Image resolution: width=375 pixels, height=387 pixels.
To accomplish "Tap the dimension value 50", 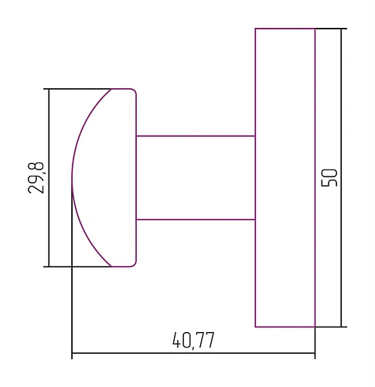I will click(x=329, y=177).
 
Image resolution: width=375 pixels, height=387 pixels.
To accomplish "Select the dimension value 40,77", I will click(x=193, y=341).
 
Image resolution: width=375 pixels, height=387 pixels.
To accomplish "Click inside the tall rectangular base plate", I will click(x=285, y=177).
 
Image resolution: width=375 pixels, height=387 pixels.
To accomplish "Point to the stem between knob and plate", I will click(x=196, y=178).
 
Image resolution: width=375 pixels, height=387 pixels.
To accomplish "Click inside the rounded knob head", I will click(x=108, y=178).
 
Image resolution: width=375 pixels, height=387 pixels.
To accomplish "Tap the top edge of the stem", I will click(x=196, y=135).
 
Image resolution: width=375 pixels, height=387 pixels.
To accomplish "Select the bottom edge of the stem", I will click(x=196, y=220).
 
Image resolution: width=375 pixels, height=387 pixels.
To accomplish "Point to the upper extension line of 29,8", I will click(x=77, y=89).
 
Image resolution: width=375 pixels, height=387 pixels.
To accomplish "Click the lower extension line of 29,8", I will click(x=77, y=266).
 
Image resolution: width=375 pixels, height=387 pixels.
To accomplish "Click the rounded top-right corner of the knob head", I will click(x=135, y=91).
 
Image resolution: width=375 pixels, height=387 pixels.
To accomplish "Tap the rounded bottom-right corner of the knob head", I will click(x=135, y=264).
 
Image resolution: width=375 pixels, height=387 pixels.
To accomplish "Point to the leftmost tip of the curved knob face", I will click(x=72, y=178).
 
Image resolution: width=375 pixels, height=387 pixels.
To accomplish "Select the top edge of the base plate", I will click(x=285, y=29).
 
